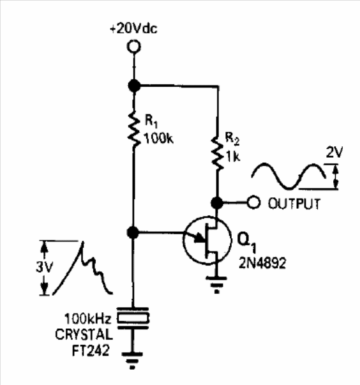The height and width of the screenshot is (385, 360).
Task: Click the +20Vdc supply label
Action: coord(134,29)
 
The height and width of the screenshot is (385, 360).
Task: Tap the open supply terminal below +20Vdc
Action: coord(134,47)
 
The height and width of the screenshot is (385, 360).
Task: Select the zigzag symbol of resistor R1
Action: coord(134,129)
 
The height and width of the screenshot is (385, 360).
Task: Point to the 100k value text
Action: coord(158,139)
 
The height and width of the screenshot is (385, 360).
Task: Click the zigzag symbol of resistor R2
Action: coord(218,153)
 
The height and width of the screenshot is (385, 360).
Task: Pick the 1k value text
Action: coord(233,156)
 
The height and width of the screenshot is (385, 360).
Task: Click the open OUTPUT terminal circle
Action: coord(253,202)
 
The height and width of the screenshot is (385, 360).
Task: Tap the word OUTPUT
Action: coord(294,204)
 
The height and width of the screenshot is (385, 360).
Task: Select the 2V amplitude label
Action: coord(334,152)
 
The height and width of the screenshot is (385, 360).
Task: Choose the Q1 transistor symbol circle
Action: coord(207,240)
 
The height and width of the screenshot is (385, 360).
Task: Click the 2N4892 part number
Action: coord(262,263)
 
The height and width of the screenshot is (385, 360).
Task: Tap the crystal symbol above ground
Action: coord(133,318)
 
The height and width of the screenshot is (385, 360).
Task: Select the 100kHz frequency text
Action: coord(87,319)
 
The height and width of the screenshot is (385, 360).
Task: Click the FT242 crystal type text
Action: coord(91,351)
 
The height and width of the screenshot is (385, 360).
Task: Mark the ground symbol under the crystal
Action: coord(132,361)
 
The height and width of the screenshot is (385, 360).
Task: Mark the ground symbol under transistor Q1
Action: coord(216,285)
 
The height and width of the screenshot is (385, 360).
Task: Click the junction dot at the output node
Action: coord(217,203)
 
